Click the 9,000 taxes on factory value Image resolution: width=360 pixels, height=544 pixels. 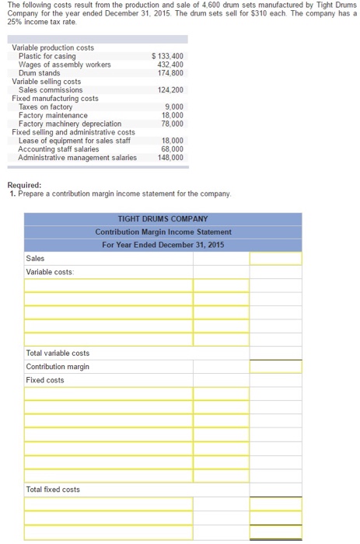point(174,107)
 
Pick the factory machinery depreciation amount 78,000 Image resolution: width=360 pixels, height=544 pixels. point(173,124)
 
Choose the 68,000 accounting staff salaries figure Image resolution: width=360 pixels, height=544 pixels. point(173,149)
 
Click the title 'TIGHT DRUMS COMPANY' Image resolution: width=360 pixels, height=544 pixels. point(163,219)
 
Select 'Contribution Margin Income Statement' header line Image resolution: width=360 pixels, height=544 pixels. point(163,232)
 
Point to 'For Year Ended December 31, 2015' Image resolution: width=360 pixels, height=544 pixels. point(163,245)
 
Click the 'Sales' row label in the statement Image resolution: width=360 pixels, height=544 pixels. point(36,259)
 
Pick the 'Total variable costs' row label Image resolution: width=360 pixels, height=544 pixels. point(58,354)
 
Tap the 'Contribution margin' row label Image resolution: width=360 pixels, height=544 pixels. point(58,367)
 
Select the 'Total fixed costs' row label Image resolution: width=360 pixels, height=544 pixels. point(53,490)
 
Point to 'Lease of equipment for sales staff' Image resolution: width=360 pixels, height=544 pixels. point(75,141)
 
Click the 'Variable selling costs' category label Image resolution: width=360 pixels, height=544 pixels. point(47,82)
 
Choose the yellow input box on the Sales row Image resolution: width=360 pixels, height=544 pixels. point(275,259)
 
